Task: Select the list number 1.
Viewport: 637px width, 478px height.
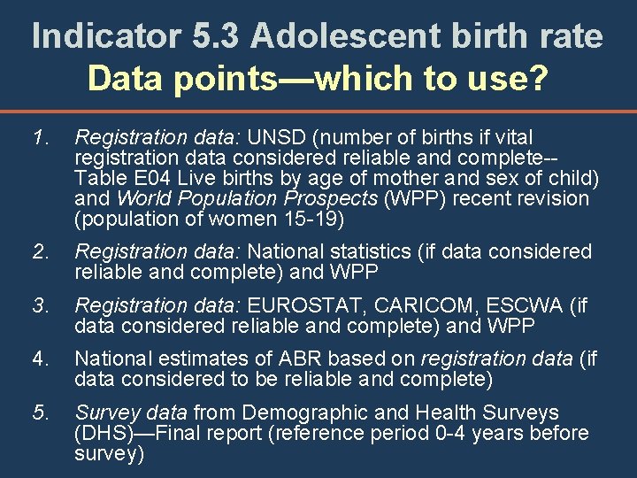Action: click(x=38, y=138)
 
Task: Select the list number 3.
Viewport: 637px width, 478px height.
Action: click(x=38, y=307)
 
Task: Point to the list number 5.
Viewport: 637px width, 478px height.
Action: click(x=38, y=412)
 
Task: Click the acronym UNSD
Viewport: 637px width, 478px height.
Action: click(x=280, y=138)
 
